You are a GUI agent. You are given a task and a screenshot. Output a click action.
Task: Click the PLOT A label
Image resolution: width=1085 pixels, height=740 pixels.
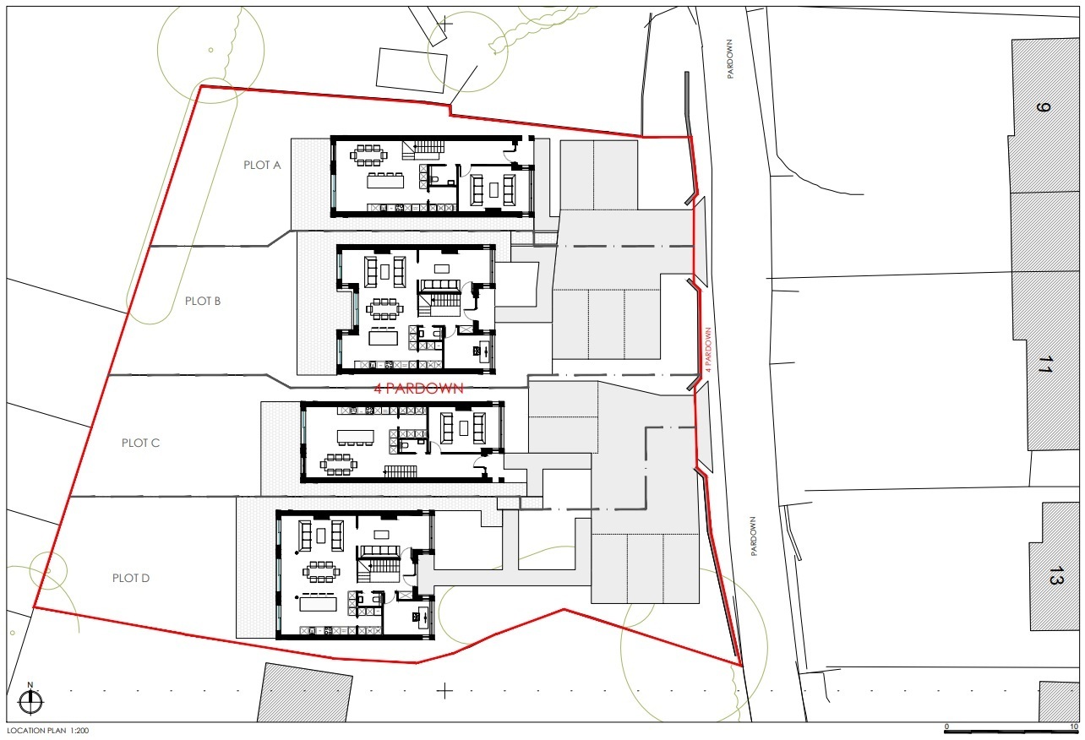[x=262, y=165]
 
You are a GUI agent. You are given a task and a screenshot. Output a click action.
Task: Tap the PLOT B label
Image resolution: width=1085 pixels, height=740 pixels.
[x=203, y=302]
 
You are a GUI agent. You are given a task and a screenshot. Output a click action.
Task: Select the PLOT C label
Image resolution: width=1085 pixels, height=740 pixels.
[x=140, y=443]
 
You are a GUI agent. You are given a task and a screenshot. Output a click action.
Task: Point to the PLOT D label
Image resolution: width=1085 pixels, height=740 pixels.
[x=131, y=579]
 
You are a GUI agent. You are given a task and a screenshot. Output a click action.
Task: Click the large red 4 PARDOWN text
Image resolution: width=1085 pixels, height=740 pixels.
[x=418, y=389]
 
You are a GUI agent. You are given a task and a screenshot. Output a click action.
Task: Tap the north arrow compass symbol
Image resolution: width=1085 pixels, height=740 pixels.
[x=30, y=700]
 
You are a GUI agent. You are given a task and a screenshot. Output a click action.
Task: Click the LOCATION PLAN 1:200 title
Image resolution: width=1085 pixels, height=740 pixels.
[x=48, y=731]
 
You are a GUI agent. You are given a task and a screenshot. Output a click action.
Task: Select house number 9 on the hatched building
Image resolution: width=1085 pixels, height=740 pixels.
[x=1043, y=107]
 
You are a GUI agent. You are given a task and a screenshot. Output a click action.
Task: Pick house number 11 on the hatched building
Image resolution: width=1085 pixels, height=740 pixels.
[x=1046, y=364]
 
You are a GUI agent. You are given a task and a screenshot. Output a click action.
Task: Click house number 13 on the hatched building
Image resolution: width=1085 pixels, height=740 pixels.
[x=1056, y=575]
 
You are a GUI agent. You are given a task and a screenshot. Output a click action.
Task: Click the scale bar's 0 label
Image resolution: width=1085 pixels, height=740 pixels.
[x=947, y=727]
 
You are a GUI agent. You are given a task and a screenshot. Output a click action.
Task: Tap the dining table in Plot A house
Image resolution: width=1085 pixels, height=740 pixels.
[x=369, y=155]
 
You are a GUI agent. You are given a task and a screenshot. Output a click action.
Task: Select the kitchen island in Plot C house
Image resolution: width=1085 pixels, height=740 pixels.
[x=356, y=437]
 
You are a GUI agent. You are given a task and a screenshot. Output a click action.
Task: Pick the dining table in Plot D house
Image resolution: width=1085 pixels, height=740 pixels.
[x=322, y=572]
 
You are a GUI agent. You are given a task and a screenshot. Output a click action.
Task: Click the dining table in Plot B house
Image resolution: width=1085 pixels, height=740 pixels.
[x=384, y=309]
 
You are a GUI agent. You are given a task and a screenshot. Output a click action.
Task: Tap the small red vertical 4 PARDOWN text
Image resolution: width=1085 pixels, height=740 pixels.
[x=708, y=350]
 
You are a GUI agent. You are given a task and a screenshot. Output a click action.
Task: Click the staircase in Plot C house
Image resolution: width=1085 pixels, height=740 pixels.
[x=401, y=471]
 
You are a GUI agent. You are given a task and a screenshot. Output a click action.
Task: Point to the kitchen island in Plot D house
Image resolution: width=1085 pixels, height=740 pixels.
[x=319, y=604]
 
